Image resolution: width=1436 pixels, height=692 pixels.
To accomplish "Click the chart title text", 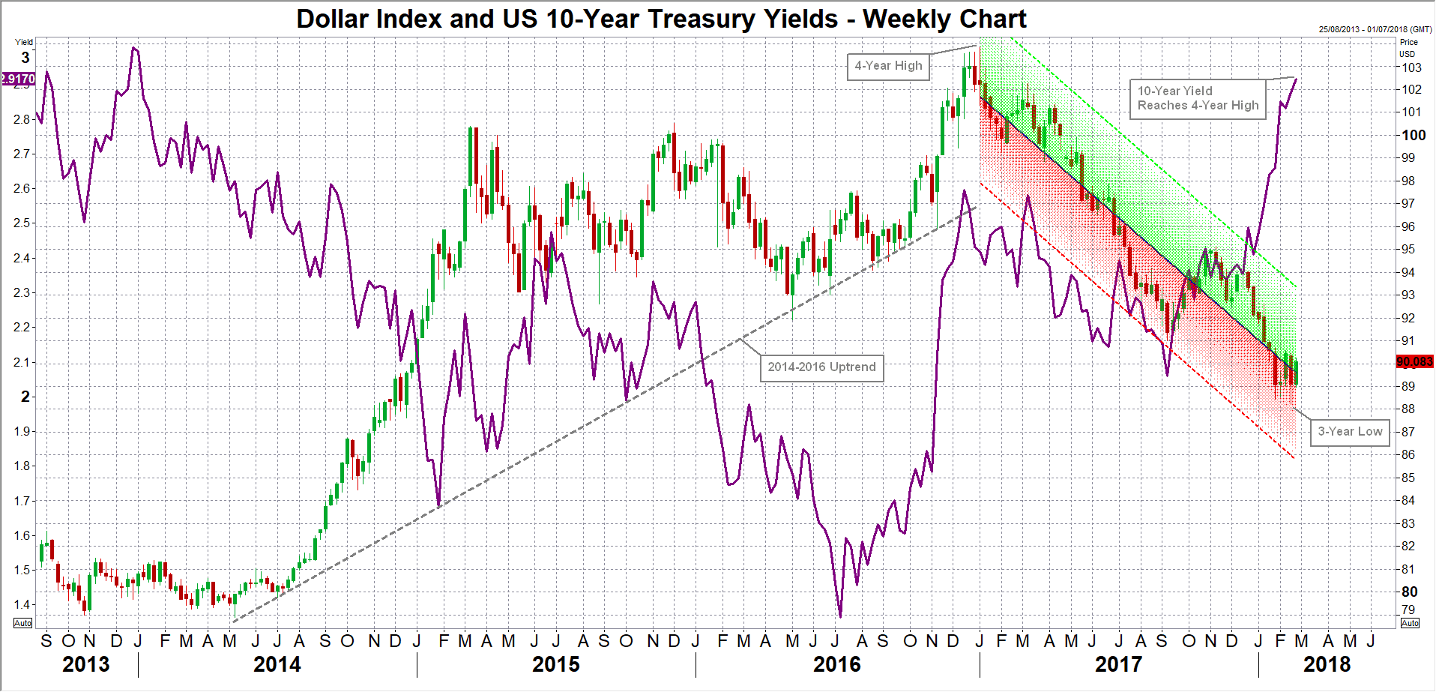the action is [661, 19].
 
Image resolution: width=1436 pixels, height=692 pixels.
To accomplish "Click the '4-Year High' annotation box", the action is [888, 66].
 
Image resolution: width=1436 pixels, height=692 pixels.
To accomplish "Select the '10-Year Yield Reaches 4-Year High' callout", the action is [1198, 98].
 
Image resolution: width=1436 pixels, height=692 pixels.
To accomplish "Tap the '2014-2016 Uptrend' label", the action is [821, 367].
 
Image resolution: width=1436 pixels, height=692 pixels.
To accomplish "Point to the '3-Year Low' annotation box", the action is [1350, 432].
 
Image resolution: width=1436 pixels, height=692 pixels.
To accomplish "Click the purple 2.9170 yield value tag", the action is [18, 79].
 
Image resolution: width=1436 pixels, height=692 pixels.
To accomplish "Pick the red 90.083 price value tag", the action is [1414, 362].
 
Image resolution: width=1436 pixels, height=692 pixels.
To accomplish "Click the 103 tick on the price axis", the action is [1412, 67].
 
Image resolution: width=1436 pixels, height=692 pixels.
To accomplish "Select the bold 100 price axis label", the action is [1414, 135].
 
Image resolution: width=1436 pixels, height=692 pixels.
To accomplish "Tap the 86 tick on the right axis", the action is [1408, 454].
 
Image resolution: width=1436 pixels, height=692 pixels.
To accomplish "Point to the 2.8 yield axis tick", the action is [22, 119].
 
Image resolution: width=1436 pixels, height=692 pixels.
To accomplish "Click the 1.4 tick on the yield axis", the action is [22, 604].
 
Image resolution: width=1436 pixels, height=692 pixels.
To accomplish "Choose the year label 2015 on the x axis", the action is [556, 664].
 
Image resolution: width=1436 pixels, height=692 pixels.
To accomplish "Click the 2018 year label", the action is [1327, 664].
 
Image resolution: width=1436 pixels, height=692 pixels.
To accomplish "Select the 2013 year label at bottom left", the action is [85, 664].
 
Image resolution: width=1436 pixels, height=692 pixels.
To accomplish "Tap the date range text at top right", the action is [1375, 29].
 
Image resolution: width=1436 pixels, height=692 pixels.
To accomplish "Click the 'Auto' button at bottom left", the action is [23, 623].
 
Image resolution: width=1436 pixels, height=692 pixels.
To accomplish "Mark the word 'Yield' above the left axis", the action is [25, 42].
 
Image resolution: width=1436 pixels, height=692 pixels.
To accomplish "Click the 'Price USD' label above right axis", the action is [1408, 48].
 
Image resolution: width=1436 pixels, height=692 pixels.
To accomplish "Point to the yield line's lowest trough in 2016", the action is [840, 616].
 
